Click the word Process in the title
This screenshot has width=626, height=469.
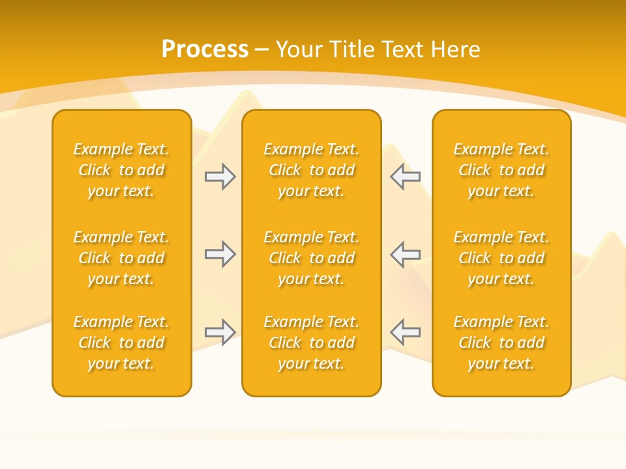click(x=205, y=50)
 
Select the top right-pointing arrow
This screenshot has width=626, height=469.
click(x=220, y=177)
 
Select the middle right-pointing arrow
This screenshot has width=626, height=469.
click(x=220, y=254)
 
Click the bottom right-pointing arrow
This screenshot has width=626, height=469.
click(x=220, y=332)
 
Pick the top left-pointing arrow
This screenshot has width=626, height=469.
click(x=405, y=177)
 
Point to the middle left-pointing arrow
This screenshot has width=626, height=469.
click(x=405, y=254)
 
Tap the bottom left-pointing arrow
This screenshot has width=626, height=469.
click(x=405, y=332)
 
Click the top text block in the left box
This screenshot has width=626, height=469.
click(x=121, y=170)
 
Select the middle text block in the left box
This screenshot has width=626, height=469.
click(x=121, y=258)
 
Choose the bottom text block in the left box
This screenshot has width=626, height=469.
click(x=121, y=343)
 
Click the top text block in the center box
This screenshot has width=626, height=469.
click(x=311, y=170)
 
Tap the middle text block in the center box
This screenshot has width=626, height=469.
click(x=311, y=258)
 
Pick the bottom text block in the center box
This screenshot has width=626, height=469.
click(x=311, y=343)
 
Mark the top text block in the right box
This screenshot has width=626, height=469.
click(x=501, y=170)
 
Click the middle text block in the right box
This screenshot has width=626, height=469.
click(x=501, y=258)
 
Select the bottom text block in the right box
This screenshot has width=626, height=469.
click(x=501, y=343)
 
